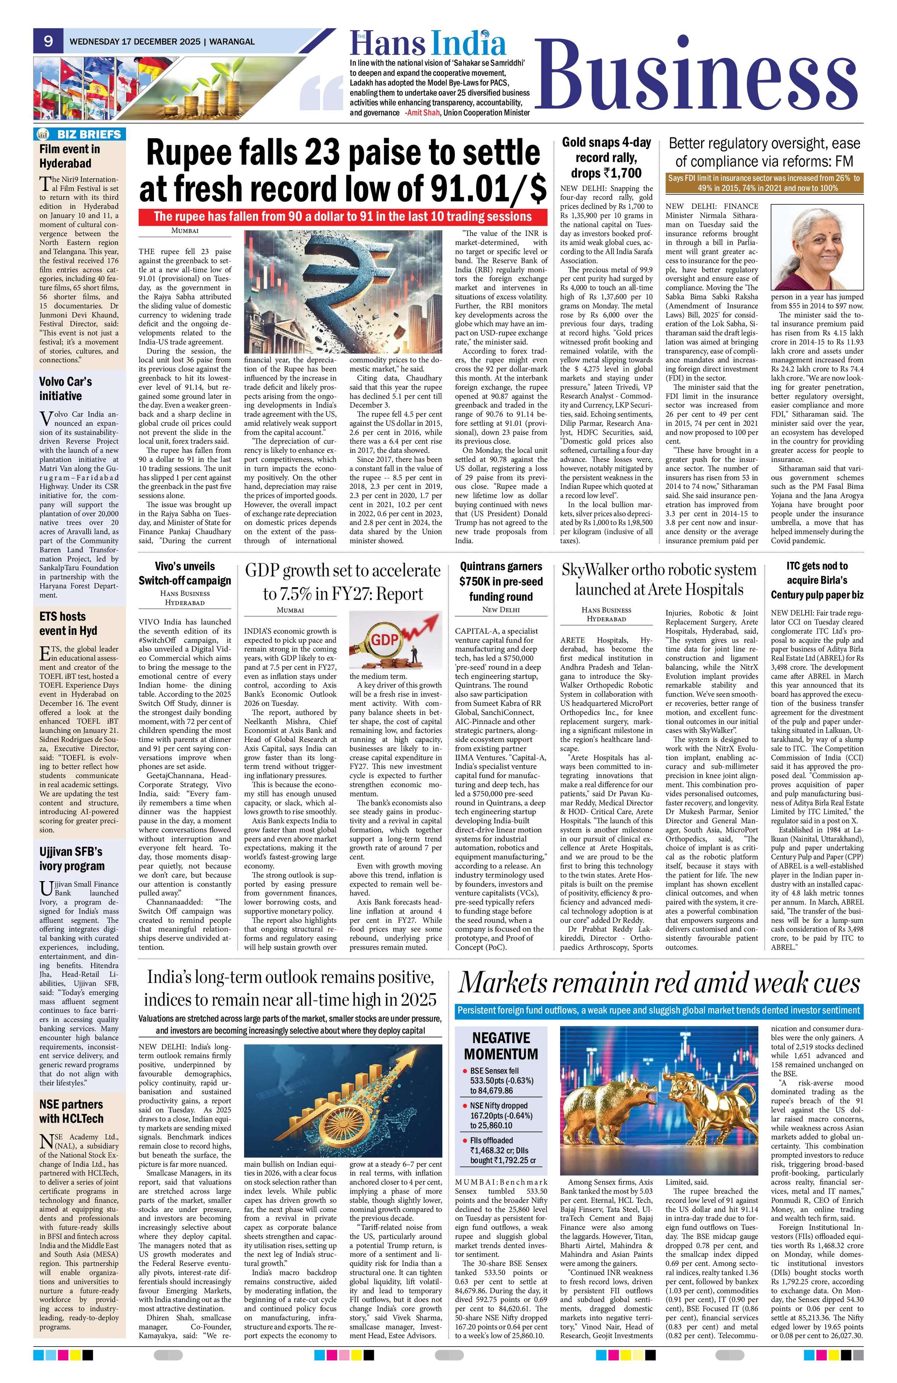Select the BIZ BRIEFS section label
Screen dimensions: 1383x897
[79, 134]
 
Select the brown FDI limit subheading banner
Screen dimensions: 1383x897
[763, 184]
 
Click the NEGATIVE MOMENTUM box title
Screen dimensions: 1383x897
[500, 1046]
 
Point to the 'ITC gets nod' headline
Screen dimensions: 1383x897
[817, 580]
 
